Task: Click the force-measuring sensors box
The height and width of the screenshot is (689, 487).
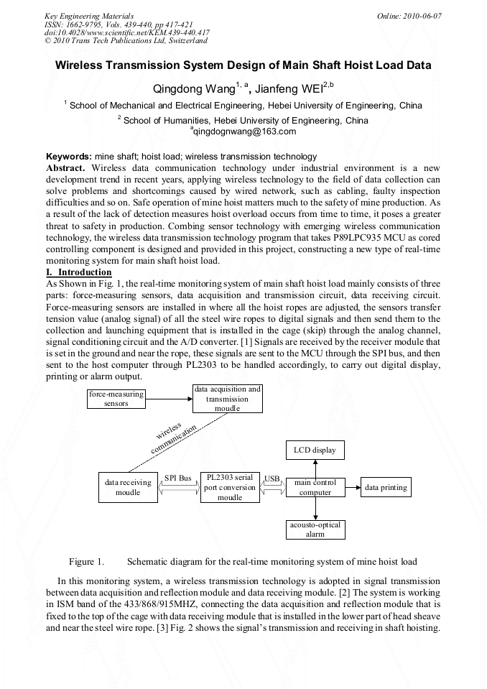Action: click(116, 399)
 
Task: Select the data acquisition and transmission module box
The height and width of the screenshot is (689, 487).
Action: click(228, 399)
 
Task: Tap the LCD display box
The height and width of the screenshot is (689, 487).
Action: click(315, 450)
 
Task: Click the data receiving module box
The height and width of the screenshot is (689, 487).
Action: click(128, 487)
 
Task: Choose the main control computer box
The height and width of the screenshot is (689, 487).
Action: click(315, 487)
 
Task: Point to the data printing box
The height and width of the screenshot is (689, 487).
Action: click(386, 487)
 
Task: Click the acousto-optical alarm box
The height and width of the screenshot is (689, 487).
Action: click(315, 530)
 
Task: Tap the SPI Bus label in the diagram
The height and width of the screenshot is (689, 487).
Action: click(178, 478)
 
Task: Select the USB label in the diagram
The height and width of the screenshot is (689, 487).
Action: click(272, 478)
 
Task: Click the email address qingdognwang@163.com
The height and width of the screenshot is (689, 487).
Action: click(243, 131)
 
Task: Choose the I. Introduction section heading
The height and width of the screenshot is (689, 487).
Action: click(79, 273)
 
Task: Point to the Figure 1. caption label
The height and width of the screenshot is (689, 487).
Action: click(86, 561)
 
